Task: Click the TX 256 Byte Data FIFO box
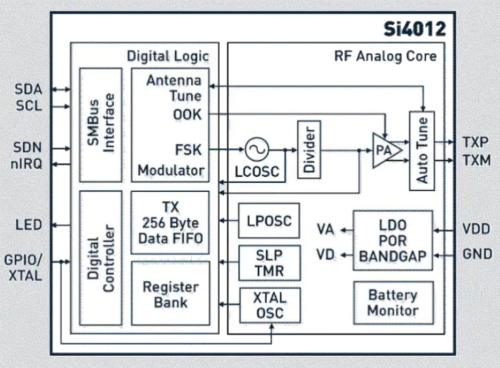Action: (170, 222)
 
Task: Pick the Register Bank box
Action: (170, 294)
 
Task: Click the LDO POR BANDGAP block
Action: (393, 240)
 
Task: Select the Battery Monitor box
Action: (393, 303)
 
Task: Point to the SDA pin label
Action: (28, 90)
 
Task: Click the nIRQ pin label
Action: (28, 163)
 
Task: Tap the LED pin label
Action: (28, 224)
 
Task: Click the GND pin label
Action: (477, 254)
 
